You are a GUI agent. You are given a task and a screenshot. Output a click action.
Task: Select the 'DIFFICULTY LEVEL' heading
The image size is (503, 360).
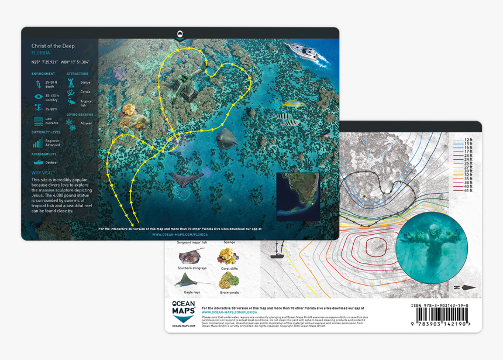coord(46,132)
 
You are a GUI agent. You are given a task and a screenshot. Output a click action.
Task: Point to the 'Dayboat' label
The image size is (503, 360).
coord(51,163)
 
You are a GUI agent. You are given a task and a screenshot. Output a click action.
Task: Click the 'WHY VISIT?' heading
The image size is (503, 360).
coord(44,173)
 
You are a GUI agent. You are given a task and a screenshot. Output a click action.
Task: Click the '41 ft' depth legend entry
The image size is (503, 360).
coord(468,191)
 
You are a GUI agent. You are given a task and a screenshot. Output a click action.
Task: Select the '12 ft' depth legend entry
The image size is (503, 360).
coord(468,140)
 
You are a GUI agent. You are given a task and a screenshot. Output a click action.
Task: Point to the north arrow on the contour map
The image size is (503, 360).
coord(466,287)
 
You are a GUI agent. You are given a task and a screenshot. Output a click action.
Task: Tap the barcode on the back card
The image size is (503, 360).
coord(440,316)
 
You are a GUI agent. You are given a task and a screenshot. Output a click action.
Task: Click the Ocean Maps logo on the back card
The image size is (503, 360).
coord(184,314)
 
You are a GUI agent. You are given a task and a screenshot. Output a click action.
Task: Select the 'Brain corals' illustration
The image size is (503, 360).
coord(228,280)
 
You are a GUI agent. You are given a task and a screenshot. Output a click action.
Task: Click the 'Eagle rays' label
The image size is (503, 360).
coord(192,292)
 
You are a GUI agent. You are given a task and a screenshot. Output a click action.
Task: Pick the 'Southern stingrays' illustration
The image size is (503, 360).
coord(192,256)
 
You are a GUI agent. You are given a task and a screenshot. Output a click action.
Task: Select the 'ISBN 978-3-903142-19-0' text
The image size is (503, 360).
coord(440,306)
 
